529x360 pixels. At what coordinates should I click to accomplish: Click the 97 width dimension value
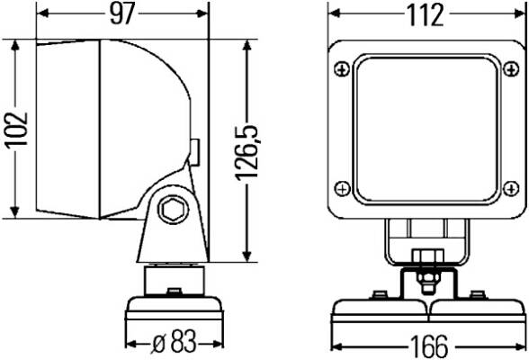(122, 13)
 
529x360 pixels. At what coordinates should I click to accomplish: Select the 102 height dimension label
(16, 130)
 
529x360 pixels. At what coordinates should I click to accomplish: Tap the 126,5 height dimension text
(247, 153)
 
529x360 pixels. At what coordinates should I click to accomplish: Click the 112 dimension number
(426, 15)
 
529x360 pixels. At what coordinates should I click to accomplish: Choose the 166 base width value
(429, 346)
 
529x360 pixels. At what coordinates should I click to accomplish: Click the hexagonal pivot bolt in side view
(173, 210)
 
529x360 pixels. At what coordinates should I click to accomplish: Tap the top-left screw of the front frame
(342, 69)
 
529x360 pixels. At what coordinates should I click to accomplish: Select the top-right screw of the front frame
(511, 69)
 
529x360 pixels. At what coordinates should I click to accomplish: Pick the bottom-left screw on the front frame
(342, 188)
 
